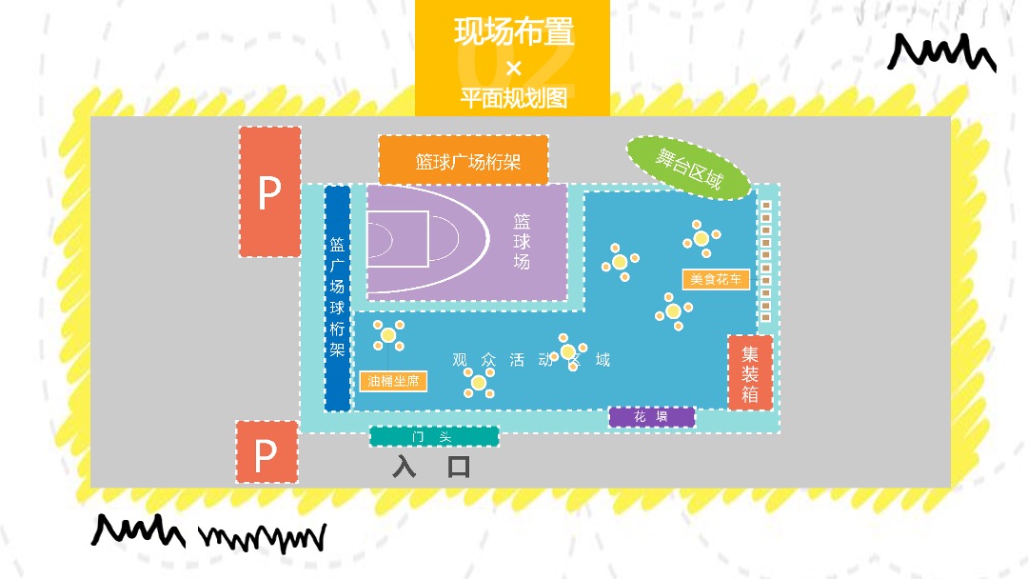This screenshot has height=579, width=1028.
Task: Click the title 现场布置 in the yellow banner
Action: coord(513,32)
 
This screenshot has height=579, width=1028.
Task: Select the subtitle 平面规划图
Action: coord(513,98)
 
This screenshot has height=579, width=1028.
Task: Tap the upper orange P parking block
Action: coord(269,192)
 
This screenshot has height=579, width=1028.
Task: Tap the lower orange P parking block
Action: coord(266,452)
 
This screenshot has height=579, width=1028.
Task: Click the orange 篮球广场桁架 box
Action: coord(464,161)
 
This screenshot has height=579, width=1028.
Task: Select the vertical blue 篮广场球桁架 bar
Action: coord(337,298)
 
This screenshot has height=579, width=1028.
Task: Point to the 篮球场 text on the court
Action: coord(522,241)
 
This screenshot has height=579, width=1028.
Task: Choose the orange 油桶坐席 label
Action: coord(393,381)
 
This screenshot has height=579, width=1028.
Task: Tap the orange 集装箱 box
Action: coord(750,373)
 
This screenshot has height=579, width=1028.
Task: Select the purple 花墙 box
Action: coord(652,417)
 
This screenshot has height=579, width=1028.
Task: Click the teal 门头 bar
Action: coord(434,436)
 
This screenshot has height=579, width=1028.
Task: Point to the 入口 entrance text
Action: coord(432,467)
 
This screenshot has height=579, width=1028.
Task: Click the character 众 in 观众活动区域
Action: coord(488,360)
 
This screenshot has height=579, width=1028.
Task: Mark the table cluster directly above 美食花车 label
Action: coord(702,238)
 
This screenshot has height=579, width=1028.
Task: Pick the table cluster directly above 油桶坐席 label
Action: coord(388,334)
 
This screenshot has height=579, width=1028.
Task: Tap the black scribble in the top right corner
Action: coord(941,53)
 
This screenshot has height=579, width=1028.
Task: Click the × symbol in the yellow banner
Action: coord(514,68)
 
